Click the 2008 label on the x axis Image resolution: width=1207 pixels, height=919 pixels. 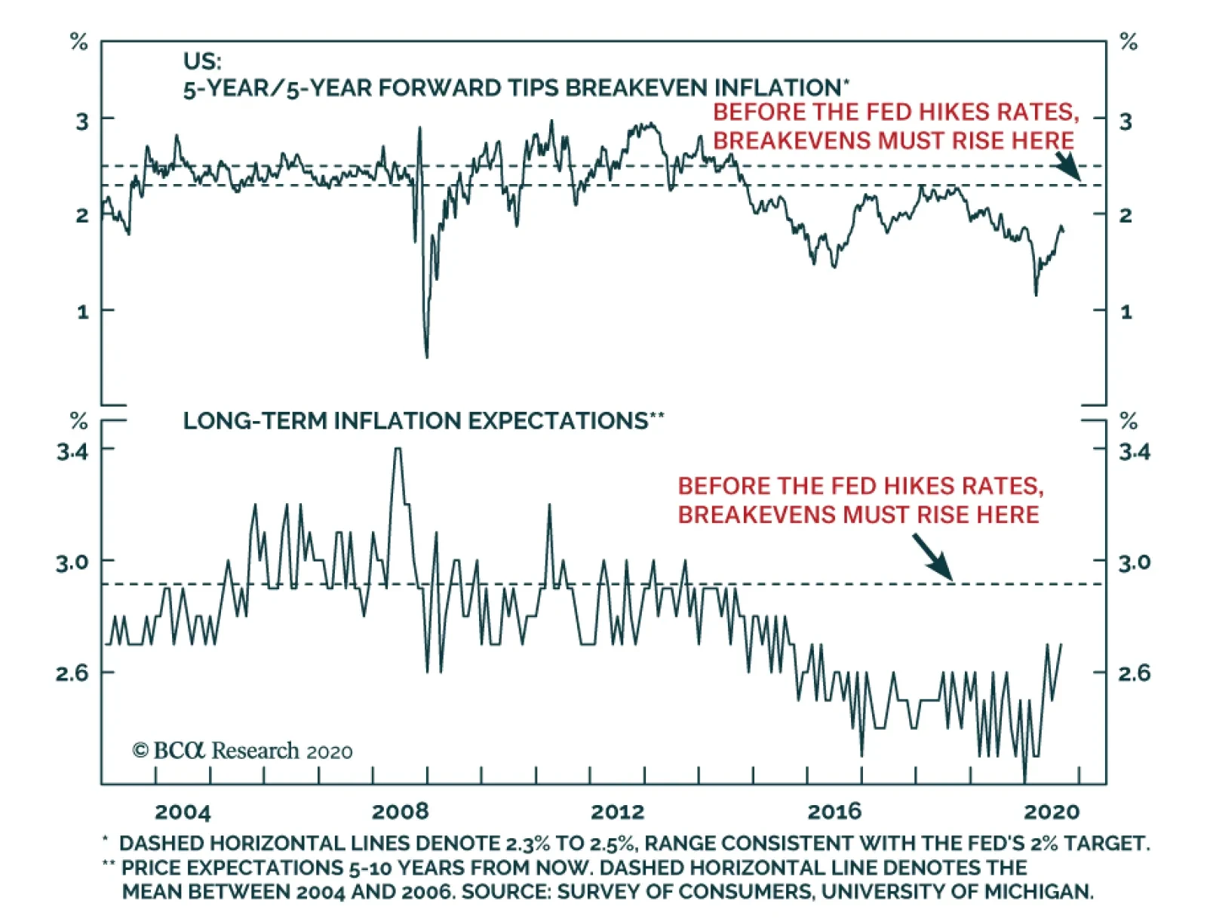pos(400,812)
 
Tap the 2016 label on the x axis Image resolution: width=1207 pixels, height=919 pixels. pos(834,812)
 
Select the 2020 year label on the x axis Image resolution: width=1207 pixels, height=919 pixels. pos(1052,812)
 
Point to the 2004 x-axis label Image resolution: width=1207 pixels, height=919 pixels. pos(183,812)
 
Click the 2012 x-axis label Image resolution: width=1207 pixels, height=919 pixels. pos(617,812)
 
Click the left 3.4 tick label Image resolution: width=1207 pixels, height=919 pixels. pos(72,451)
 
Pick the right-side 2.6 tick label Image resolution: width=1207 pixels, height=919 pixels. pos(1134,672)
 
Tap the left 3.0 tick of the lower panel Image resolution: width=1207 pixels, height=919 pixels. pos(72,562)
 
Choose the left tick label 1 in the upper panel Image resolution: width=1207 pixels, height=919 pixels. pos(82,311)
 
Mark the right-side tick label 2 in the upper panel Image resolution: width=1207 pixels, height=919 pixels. pos(1126,216)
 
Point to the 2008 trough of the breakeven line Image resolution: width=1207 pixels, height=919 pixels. pos(427,355)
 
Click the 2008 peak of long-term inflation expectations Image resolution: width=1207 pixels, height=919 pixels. pos(398,450)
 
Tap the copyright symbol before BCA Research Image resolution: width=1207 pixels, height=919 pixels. pos(140,751)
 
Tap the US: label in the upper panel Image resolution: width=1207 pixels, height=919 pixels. pos(202,61)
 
